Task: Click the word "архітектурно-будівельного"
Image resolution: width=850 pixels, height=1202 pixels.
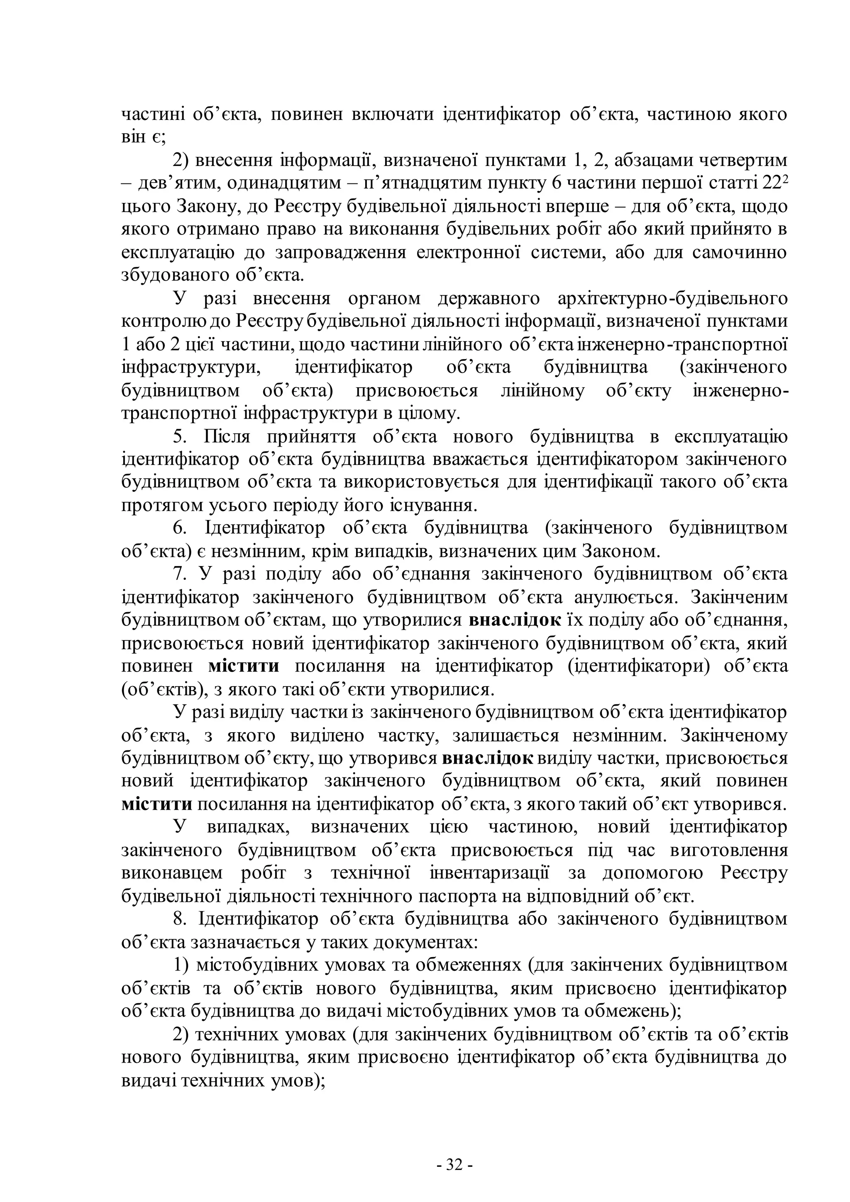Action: tap(672, 298)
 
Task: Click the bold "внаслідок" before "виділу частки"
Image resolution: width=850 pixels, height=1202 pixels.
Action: tap(488, 758)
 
